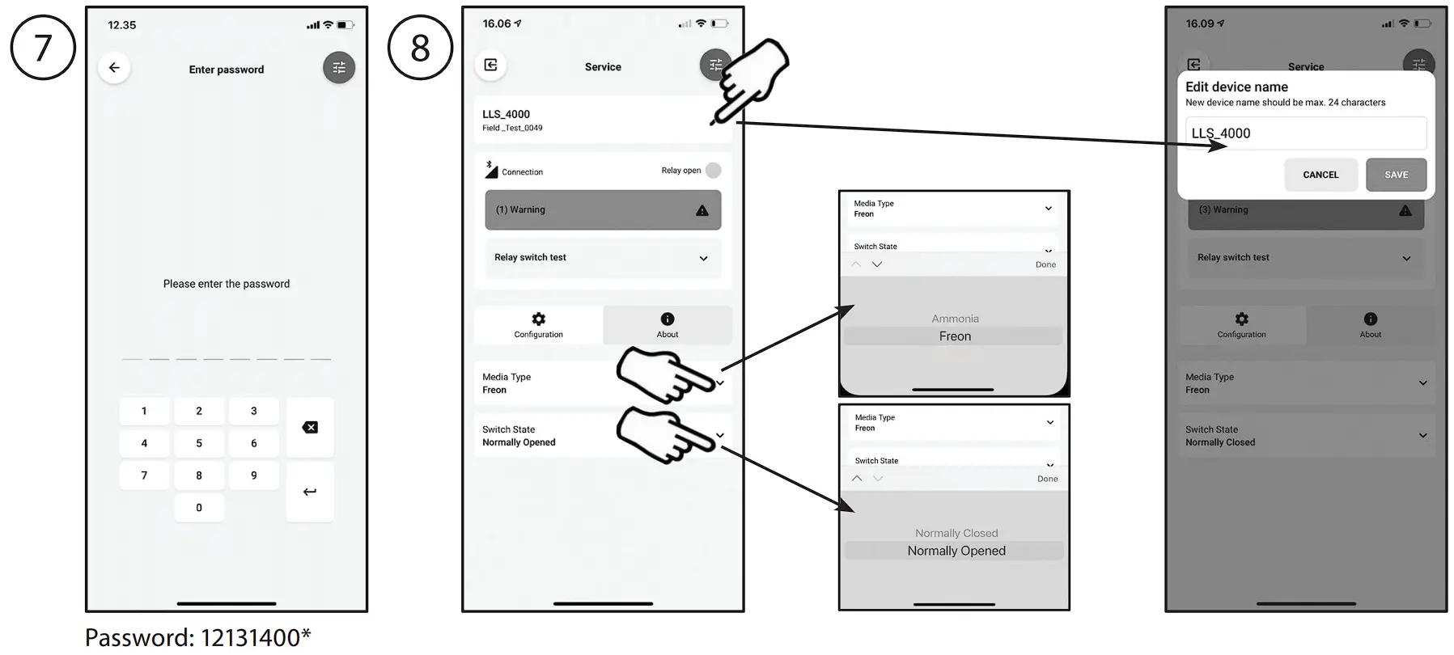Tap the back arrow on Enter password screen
[x=114, y=68]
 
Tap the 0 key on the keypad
[x=199, y=508]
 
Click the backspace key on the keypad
[x=310, y=427]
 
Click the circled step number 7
[x=43, y=48]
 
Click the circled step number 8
[x=420, y=48]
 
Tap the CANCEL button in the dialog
[x=1320, y=175]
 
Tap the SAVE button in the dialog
[x=1396, y=175]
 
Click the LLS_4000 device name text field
[x=1305, y=133]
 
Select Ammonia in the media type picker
[x=955, y=319]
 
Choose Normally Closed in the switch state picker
[x=956, y=533]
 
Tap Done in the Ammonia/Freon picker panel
[x=1045, y=264]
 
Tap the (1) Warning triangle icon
[x=702, y=210]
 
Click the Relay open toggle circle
[x=713, y=171]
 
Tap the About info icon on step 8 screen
[x=668, y=319]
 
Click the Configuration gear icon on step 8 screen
[x=539, y=319]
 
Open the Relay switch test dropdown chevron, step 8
[x=703, y=259]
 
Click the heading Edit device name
[x=1236, y=87]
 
